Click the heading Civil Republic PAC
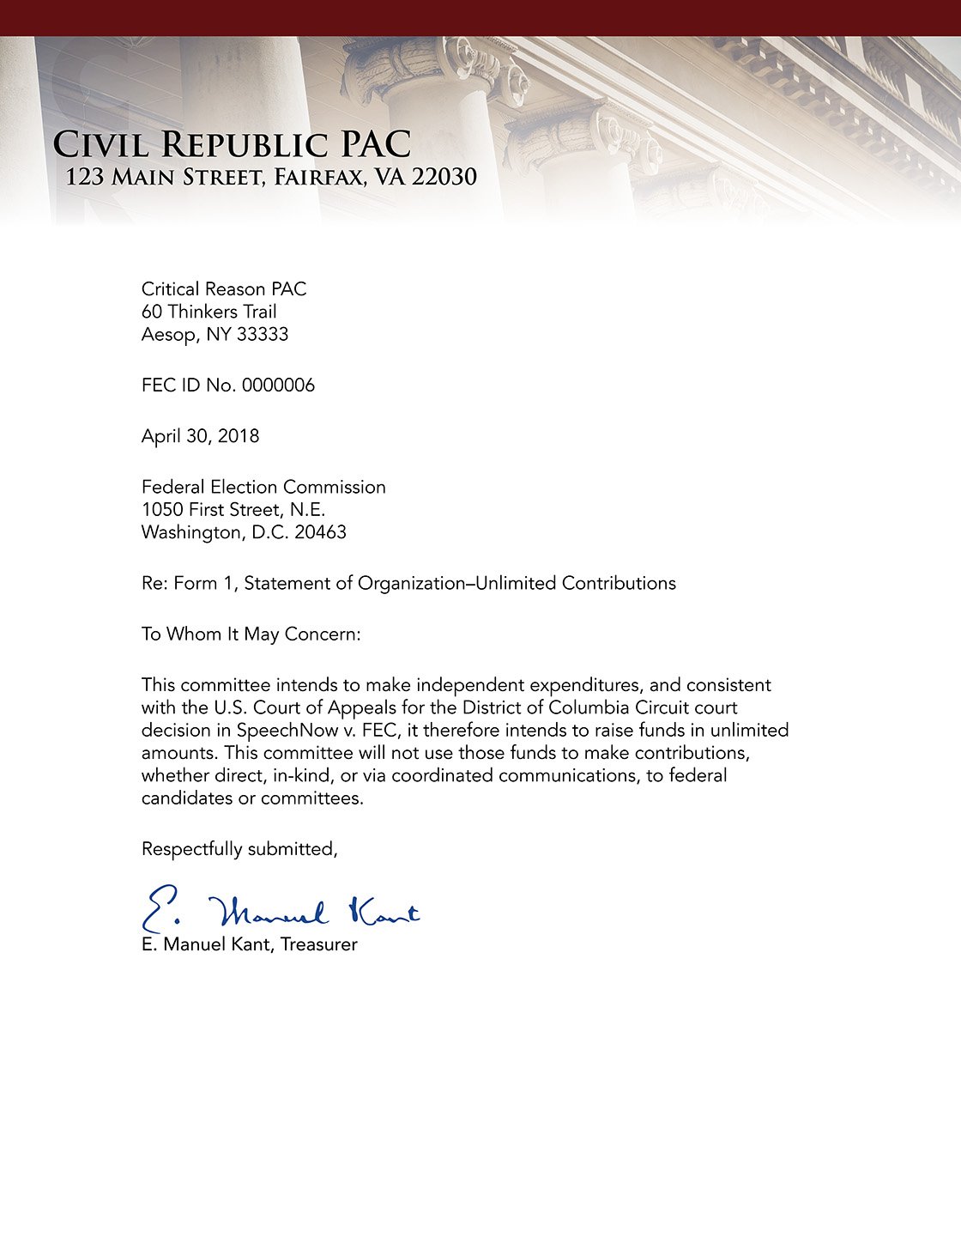(232, 144)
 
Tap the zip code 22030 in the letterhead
(444, 177)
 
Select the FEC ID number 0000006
(278, 385)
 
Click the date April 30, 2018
(200, 436)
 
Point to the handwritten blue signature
(280, 910)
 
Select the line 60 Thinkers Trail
(209, 312)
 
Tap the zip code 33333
(262, 335)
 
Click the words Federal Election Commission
(263, 488)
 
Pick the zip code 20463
(320, 533)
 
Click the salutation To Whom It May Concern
(251, 634)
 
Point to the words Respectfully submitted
(239, 849)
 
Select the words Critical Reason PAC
(223, 289)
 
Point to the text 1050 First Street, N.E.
(233, 510)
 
